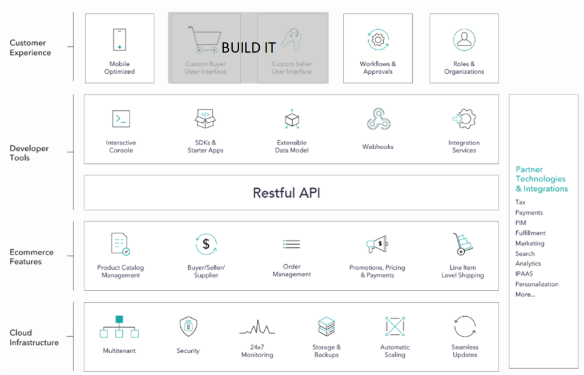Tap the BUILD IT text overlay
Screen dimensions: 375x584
pyautogui.click(x=248, y=48)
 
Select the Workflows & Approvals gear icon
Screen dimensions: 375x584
pyautogui.click(x=377, y=40)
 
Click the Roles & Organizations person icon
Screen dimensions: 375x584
pyautogui.click(x=464, y=40)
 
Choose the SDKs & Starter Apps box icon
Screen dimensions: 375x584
pyautogui.click(x=206, y=119)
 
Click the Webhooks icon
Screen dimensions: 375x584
pyautogui.click(x=378, y=119)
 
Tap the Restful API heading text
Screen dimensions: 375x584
pyautogui.click(x=287, y=193)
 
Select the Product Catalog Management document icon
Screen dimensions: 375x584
pyautogui.click(x=120, y=244)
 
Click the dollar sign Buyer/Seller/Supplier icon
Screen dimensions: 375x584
pyautogui.click(x=206, y=244)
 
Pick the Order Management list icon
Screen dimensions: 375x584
pyautogui.click(x=292, y=245)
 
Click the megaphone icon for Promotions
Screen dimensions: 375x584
pyautogui.click(x=377, y=245)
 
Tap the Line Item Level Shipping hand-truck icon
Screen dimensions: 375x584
pyautogui.click(x=462, y=244)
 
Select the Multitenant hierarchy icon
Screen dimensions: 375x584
pyautogui.click(x=119, y=327)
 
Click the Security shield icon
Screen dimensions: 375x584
pyautogui.click(x=188, y=326)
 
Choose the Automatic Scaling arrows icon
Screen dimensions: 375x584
pyautogui.click(x=394, y=326)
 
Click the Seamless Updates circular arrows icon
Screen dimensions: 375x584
pyautogui.click(x=465, y=326)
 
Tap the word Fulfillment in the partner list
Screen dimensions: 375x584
pyautogui.click(x=530, y=233)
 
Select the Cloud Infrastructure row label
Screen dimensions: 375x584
pyautogui.click(x=34, y=337)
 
